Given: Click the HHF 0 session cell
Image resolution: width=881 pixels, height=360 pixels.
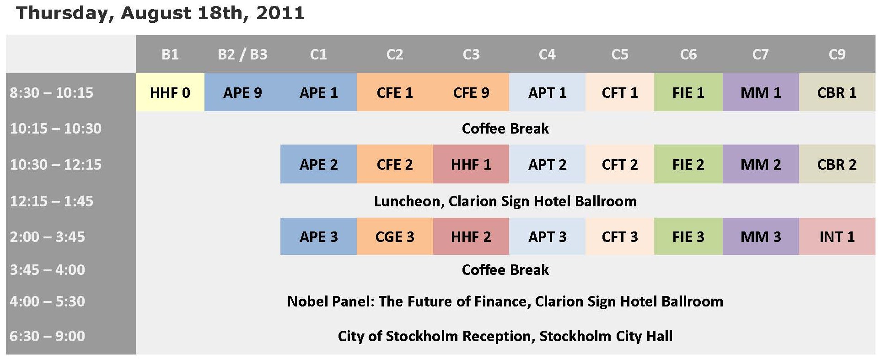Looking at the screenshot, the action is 170,92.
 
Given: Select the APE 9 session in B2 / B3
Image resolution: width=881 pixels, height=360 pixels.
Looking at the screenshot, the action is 242,92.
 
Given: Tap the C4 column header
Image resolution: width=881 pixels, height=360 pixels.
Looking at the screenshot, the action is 547,54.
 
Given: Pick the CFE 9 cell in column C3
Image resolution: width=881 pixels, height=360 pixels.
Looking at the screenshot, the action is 471,92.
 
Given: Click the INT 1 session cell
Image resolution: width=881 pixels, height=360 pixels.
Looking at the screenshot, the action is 837,236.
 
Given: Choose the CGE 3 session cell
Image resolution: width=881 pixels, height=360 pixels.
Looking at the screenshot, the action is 395,236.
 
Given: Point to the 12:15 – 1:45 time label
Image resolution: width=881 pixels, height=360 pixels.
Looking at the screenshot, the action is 52,201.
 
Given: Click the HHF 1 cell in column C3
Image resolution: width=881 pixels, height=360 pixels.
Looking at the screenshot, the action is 471,164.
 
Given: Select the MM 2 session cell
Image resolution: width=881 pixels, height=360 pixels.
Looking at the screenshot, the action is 761,164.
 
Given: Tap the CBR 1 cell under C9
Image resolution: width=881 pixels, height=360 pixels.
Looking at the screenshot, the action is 837,92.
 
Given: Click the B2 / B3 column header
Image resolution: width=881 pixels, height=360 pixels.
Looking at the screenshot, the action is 242,54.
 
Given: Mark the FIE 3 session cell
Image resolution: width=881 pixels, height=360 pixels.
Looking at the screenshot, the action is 688,236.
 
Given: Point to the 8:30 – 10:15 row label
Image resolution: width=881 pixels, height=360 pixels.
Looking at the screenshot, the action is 52,93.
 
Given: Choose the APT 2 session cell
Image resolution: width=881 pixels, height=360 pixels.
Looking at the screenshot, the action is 547,164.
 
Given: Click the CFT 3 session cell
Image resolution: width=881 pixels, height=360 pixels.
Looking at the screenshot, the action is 620,236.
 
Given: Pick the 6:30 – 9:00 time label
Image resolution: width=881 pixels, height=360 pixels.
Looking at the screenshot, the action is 48,336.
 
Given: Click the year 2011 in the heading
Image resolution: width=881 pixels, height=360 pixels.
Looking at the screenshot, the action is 280,13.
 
